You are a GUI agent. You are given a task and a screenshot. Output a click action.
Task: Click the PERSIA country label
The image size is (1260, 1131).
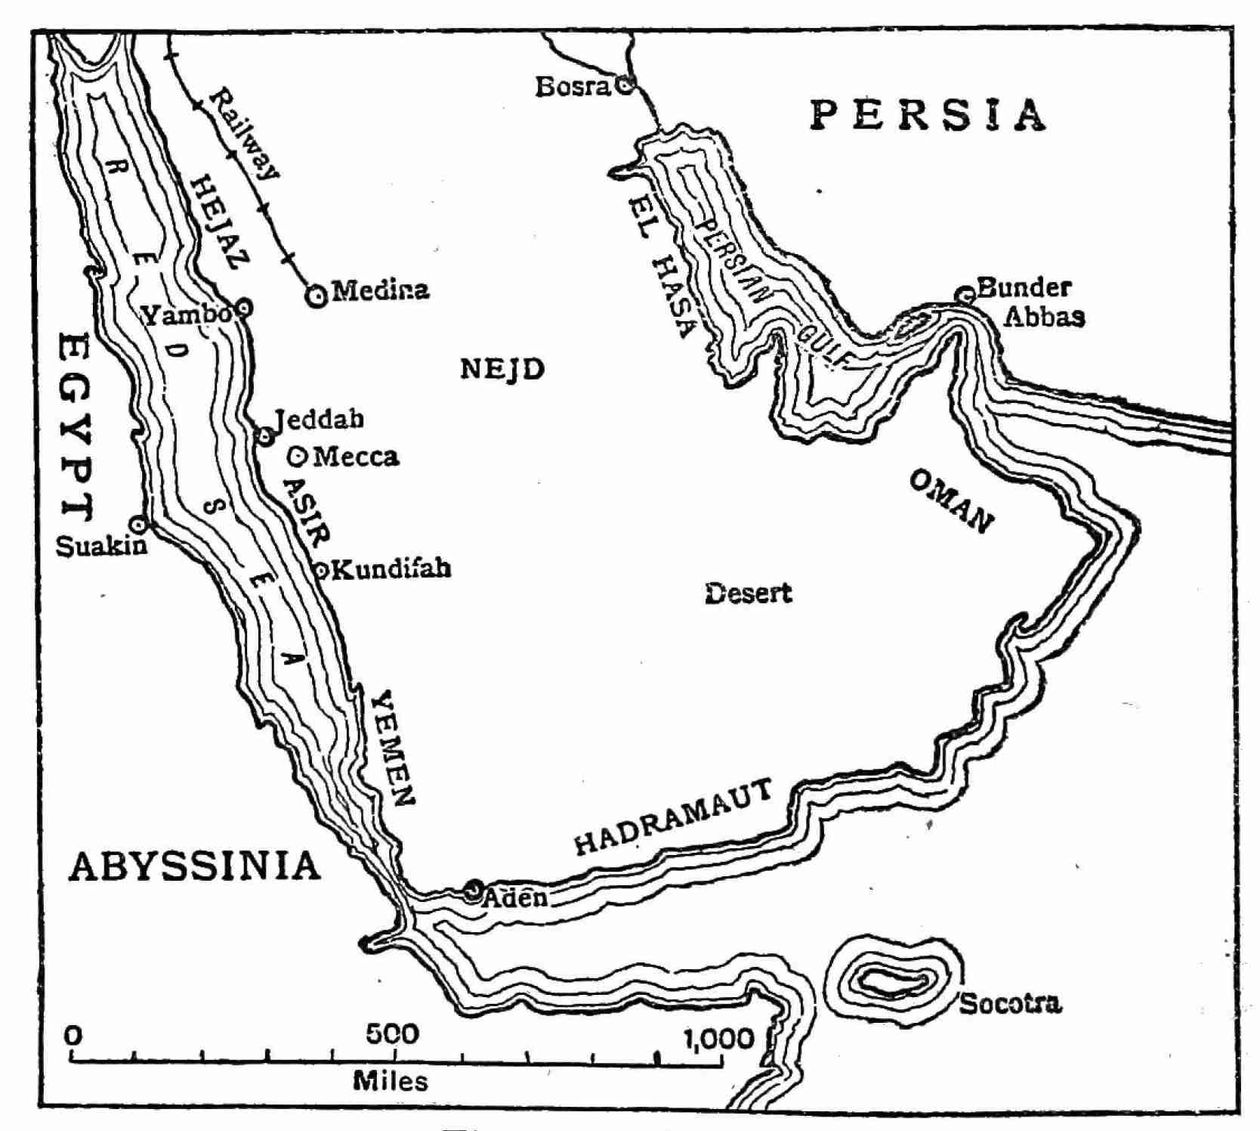point(928,115)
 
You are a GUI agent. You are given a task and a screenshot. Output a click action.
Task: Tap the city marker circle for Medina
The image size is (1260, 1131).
point(317,295)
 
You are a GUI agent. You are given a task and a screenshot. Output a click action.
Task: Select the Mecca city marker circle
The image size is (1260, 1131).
point(298,455)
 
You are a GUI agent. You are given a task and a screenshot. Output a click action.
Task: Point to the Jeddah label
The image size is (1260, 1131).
point(319,418)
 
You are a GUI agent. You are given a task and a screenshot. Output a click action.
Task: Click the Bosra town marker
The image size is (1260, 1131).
point(625,85)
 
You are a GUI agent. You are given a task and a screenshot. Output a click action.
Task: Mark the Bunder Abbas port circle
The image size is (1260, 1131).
point(965,294)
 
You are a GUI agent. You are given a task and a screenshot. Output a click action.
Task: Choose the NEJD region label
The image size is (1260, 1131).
point(502,370)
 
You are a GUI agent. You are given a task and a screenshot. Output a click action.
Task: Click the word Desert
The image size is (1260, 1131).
point(748,593)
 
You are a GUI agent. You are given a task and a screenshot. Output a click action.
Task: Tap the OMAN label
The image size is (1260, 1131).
point(952,501)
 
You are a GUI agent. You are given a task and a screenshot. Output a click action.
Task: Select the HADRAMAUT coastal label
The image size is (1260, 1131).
point(674,818)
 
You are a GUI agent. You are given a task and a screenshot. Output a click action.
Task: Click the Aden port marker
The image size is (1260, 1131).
point(474,888)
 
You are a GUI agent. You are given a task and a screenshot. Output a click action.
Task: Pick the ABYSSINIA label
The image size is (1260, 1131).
point(195,866)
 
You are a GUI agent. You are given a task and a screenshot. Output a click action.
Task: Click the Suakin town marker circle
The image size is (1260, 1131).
point(137,523)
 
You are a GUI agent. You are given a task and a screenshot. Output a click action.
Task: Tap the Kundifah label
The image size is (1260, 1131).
point(391,569)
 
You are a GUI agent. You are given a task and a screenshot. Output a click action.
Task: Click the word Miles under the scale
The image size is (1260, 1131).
point(391,1081)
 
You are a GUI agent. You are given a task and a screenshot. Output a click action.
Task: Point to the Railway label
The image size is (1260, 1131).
point(243,134)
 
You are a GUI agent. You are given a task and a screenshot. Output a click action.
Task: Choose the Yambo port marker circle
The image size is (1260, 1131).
point(243,307)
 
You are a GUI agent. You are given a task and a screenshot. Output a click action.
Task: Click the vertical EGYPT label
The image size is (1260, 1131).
point(76,427)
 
